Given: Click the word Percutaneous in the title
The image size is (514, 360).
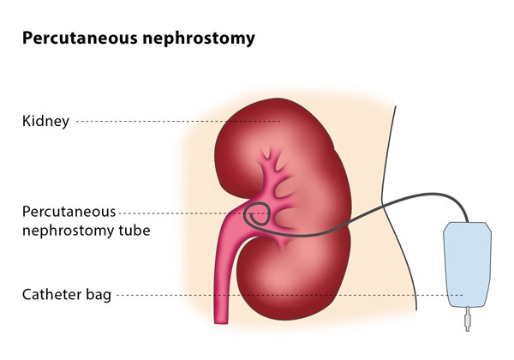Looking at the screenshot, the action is click(80, 38).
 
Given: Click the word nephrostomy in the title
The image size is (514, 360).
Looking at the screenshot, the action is click(199, 39).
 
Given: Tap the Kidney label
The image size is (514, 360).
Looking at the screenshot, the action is click(46, 121).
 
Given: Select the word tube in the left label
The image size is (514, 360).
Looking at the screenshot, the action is click(134, 230).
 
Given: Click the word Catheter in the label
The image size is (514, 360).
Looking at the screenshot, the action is click(52, 294).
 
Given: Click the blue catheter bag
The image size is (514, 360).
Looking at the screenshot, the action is click(468, 265).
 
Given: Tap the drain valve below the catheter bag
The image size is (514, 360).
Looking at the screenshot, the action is click(468, 320).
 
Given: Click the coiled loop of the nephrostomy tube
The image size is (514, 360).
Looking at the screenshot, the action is click(257, 214).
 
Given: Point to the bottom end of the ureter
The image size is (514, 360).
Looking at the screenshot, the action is click(221, 323).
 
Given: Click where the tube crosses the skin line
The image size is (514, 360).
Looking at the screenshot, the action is click(384, 206).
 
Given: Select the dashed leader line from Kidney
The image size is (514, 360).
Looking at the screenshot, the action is click(178, 122).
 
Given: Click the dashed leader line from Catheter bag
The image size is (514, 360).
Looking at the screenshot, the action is click(290, 295).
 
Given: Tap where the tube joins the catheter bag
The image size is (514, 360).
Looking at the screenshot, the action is click(468, 222).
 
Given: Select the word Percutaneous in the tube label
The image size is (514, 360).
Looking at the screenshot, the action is click(69, 212).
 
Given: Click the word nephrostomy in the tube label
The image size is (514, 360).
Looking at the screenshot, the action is click(69, 231).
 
